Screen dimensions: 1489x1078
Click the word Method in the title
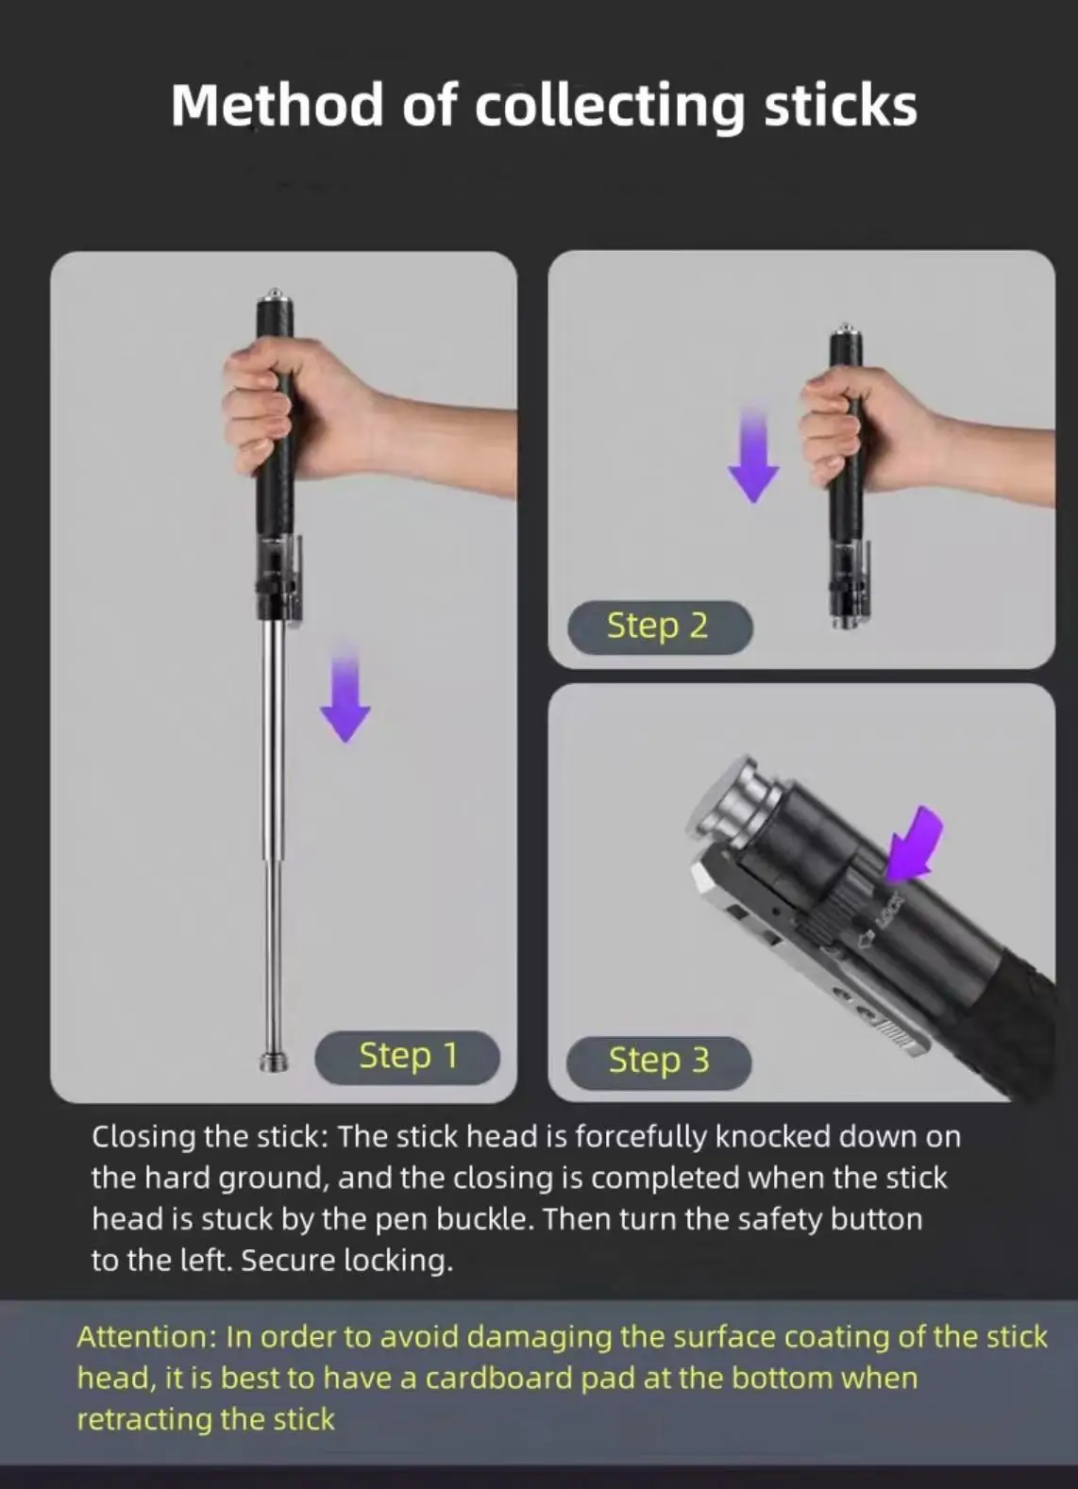point(277,105)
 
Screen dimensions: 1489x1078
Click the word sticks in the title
point(840,105)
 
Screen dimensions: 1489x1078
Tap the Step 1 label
point(407,1056)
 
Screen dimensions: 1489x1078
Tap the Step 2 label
point(658,626)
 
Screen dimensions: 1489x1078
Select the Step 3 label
point(658,1060)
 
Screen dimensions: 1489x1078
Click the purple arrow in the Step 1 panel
point(345,694)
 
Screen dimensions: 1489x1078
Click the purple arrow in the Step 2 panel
point(753,456)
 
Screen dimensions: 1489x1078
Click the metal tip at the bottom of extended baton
point(274,1061)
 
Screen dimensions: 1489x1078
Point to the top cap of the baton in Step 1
point(275,302)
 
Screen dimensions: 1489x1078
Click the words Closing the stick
point(209,1136)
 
